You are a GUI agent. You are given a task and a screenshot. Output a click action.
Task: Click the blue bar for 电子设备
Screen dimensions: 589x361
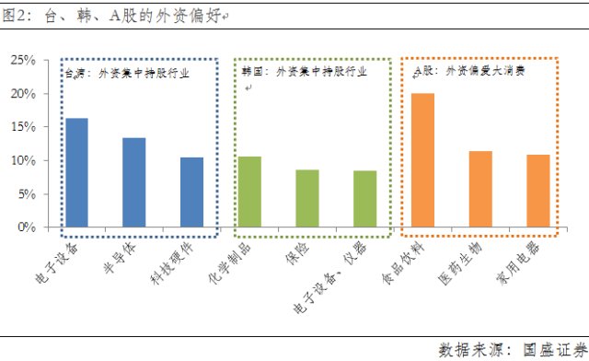(77, 172)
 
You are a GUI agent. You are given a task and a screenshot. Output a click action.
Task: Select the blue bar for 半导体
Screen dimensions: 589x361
(134, 182)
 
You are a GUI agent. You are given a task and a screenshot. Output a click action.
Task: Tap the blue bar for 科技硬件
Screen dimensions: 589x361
(192, 192)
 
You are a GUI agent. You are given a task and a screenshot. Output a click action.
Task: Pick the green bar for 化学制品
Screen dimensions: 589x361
(249, 192)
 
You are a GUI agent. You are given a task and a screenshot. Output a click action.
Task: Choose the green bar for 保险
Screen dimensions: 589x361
(307, 199)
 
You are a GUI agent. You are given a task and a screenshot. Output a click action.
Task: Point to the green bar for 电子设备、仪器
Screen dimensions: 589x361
(365, 199)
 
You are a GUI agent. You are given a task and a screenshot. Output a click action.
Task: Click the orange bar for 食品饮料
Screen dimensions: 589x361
(423, 160)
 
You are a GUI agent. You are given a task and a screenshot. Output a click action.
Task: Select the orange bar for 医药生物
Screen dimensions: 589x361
(480, 189)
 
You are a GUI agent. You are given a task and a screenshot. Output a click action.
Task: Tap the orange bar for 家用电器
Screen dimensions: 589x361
(538, 191)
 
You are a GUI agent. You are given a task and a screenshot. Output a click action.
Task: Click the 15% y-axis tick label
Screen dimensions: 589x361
(23, 127)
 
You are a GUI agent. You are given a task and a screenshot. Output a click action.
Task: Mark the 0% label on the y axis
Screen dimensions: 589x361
(27, 227)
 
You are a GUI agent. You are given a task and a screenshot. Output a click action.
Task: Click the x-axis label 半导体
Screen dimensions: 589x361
(120, 258)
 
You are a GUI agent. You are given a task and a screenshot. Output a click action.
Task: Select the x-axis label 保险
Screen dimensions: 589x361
(298, 253)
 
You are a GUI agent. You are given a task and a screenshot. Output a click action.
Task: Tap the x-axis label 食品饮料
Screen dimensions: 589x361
(403, 262)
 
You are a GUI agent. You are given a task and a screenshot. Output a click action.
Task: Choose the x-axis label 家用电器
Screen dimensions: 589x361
(518, 262)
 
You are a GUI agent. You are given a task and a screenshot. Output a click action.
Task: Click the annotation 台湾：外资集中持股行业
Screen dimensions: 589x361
(127, 74)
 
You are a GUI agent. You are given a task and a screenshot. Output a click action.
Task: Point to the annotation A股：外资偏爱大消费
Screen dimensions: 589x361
(469, 71)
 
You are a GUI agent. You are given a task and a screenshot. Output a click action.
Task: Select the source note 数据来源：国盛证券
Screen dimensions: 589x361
(514, 350)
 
